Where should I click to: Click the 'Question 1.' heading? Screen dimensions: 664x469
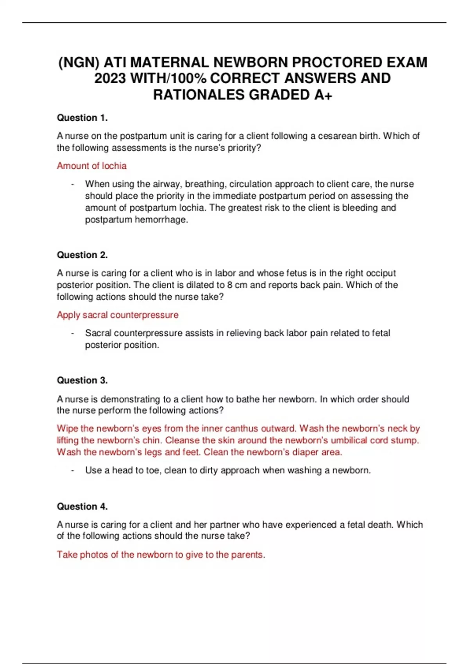82,118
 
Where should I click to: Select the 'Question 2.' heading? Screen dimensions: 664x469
82,255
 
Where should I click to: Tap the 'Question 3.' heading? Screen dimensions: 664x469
82,380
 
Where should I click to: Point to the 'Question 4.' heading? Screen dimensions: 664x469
82,506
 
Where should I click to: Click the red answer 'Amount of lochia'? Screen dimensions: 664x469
91,166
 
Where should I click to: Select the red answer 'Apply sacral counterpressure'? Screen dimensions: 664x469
117,315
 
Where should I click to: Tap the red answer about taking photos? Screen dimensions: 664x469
161,554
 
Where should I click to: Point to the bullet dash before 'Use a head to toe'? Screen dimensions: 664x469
73,470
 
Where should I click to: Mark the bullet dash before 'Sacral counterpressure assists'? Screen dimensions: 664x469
73,333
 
